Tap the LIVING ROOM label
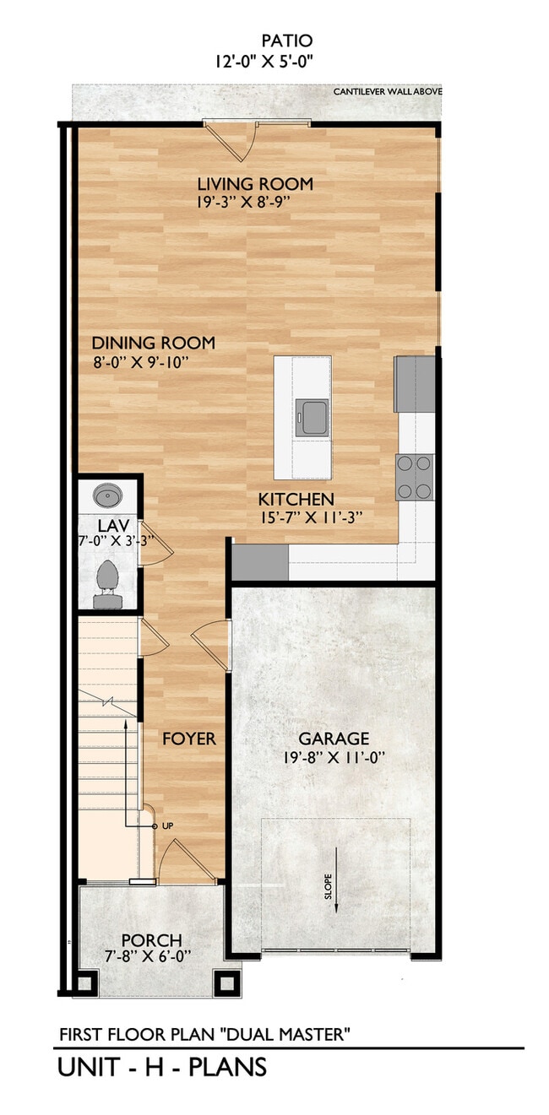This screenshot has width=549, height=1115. click(255, 184)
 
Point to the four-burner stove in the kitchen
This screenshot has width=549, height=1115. click(415, 478)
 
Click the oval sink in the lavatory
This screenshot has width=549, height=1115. click(107, 495)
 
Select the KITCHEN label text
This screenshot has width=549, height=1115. click(296, 499)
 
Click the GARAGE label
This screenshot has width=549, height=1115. click(334, 739)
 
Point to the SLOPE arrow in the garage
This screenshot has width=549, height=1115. click(336, 880)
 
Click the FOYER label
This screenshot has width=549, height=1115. click(189, 739)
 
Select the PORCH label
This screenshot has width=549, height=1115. click(151, 940)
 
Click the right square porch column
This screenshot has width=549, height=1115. click(227, 983)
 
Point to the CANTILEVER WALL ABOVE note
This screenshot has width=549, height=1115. click(386, 91)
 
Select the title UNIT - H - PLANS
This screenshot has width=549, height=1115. click(162, 1067)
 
